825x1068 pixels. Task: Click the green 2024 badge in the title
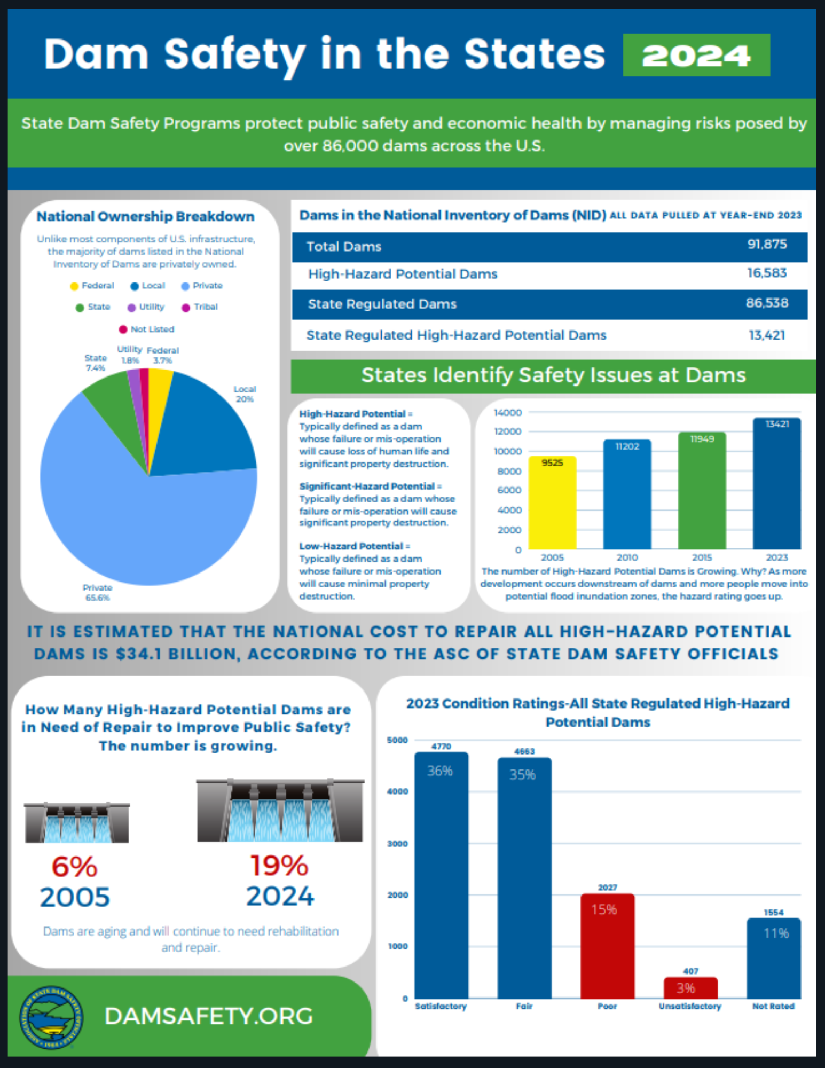point(696,55)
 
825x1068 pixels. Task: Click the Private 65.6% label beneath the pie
point(97,592)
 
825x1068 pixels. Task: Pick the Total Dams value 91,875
point(766,245)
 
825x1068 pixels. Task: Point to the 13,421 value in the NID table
point(766,335)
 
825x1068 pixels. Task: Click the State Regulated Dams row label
point(382,304)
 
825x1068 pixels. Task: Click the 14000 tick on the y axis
point(507,413)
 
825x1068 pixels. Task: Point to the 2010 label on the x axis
point(627,557)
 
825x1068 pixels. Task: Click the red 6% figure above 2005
point(74,867)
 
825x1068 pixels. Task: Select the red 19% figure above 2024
point(279,866)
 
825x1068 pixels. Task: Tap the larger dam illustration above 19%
point(280,811)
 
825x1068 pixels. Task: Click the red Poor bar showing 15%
point(607,945)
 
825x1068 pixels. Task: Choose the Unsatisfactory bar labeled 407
point(690,988)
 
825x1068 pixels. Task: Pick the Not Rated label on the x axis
point(773,1006)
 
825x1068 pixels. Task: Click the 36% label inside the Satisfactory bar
point(439,771)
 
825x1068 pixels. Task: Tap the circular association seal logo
point(51,1017)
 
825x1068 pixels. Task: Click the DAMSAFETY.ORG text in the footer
point(209,1016)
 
